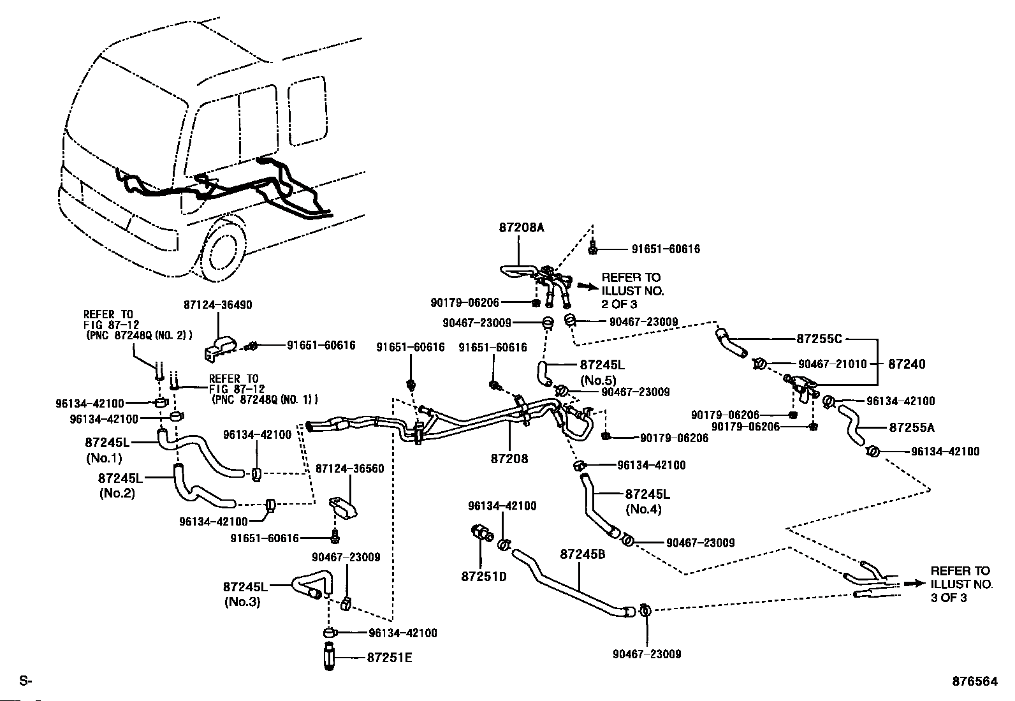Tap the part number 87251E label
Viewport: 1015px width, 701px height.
pyautogui.click(x=389, y=658)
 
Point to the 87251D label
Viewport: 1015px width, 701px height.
pyautogui.click(x=483, y=577)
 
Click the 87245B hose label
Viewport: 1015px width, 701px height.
pyautogui.click(x=583, y=554)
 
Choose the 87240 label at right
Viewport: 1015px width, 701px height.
pyautogui.click(x=906, y=364)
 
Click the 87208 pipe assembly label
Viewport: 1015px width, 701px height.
pyautogui.click(x=509, y=458)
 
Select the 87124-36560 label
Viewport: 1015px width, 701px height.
pyautogui.click(x=350, y=468)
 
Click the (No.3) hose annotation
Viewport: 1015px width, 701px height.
pyautogui.click(x=242, y=601)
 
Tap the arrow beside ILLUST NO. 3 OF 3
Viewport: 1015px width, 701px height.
pyautogui.click(x=915, y=583)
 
